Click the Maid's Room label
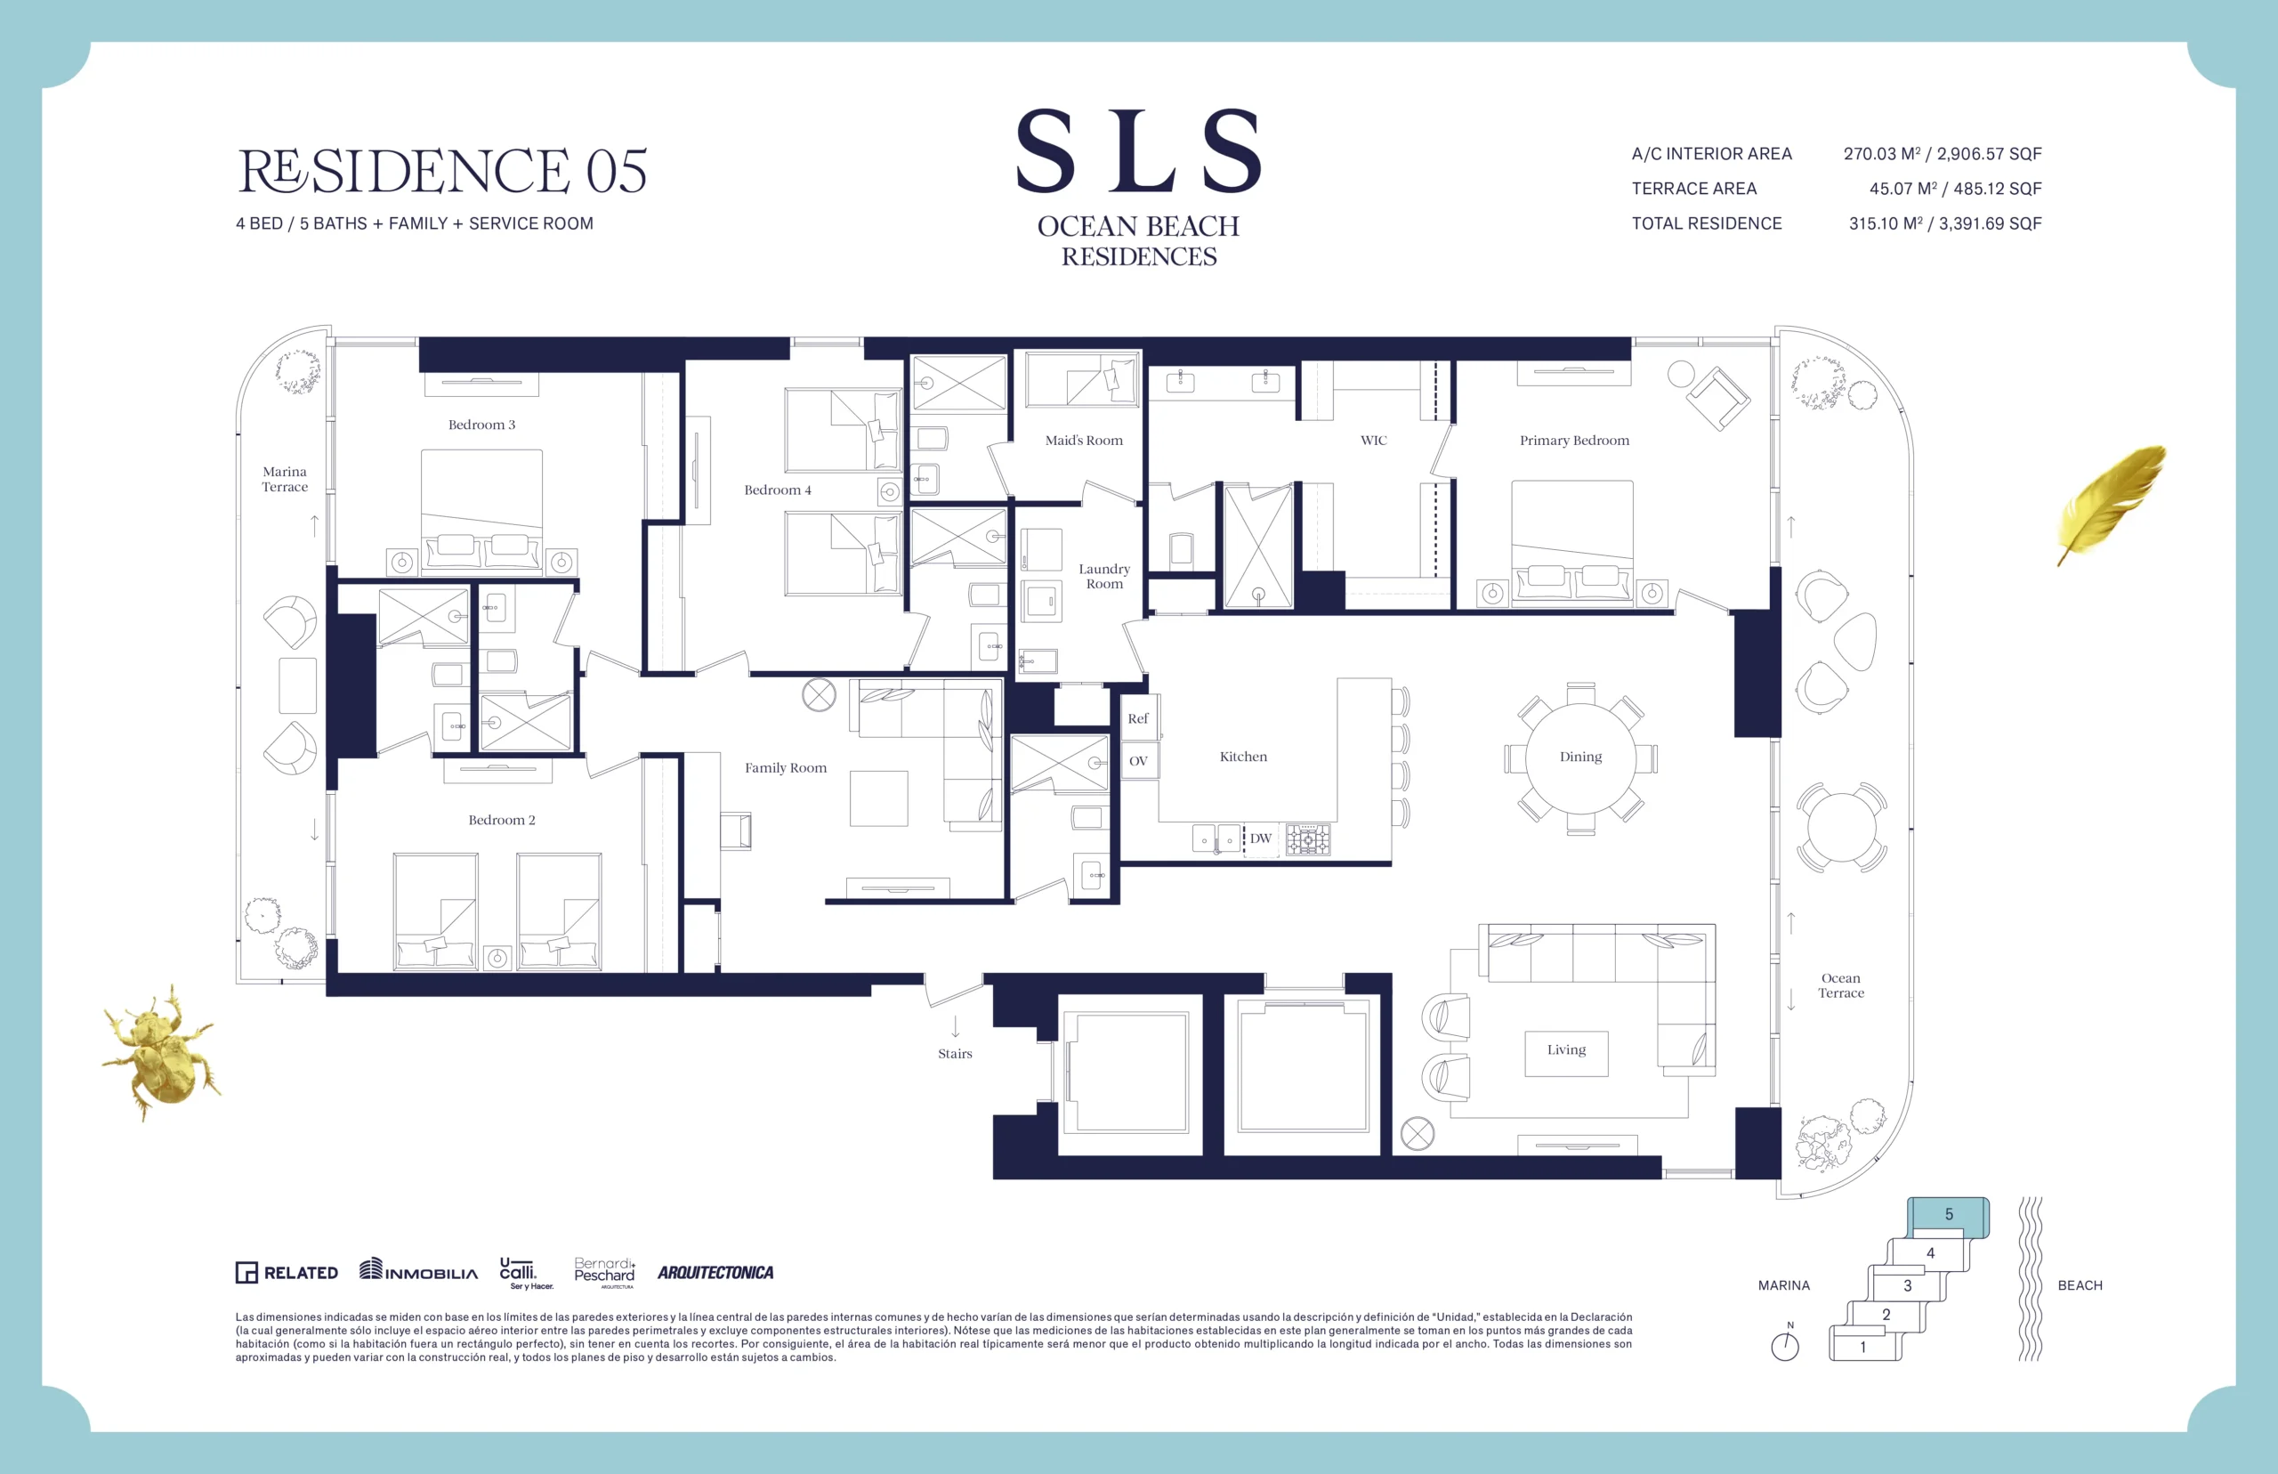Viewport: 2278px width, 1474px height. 1084,441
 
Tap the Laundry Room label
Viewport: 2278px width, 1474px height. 1104,576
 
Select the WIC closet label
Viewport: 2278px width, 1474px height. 1374,441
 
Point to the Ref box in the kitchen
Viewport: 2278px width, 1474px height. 1138,717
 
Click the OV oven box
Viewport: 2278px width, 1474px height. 1138,761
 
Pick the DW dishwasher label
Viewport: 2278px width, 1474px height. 1261,838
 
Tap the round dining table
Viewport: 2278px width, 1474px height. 1580,757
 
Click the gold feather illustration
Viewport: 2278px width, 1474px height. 2112,504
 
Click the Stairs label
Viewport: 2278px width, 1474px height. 955,1054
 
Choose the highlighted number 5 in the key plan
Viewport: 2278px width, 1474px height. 1949,1215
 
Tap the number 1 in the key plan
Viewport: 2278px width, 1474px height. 1862,1347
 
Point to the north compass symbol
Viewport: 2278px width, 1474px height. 1785,1344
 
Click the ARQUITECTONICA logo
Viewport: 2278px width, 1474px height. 715,1273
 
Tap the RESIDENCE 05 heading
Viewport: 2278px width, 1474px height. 442,170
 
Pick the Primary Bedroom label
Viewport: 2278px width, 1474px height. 1574,441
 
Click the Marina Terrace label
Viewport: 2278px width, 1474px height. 285,479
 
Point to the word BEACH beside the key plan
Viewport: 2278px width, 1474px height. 2080,1285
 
